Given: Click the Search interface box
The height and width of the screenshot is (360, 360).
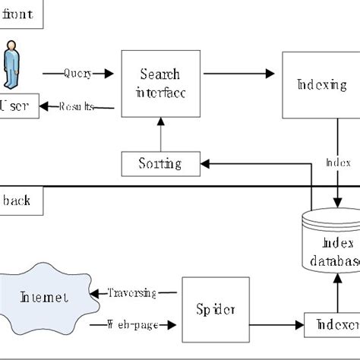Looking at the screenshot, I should click(x=159, y=83).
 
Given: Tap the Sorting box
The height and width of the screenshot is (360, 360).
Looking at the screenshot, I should click(x=159, y=163).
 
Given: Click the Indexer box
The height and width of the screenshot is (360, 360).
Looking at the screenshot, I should click(x=331, y=325).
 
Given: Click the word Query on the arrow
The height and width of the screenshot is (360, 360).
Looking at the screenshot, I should click(x=77, y=74).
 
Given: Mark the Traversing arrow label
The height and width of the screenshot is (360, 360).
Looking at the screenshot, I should click(x=132, y=293).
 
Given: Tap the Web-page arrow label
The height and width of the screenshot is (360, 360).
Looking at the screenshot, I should click(x=132, y=325).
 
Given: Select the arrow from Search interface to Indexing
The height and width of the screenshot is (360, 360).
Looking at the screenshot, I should click(x=239, y=74).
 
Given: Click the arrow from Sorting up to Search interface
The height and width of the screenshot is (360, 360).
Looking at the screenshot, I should click(x=159, y=135).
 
